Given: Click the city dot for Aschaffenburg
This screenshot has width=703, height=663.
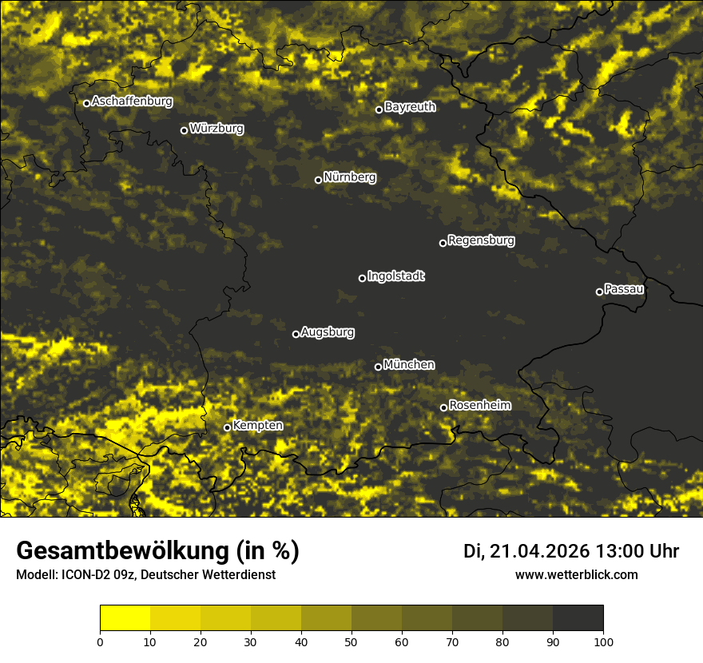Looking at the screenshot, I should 86,103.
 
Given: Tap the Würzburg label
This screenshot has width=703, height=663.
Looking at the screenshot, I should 216,129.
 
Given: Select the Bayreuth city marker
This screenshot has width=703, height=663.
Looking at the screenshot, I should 379,109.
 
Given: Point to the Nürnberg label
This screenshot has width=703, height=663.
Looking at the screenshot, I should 350,177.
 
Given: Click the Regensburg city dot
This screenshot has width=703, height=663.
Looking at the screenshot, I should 443,243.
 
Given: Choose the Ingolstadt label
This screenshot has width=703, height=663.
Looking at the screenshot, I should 396,276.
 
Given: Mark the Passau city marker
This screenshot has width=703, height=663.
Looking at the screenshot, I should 599,292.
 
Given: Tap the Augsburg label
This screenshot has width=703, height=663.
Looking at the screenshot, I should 328,332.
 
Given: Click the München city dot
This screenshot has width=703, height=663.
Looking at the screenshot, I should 378,367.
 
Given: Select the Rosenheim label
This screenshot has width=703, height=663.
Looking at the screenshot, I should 479,406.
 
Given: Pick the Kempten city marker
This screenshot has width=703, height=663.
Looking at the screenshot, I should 227,427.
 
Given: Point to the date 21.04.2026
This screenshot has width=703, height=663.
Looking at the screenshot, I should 540,551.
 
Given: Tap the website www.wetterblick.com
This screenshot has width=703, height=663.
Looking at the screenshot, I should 576,574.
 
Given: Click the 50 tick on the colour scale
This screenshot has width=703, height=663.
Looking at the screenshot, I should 351,641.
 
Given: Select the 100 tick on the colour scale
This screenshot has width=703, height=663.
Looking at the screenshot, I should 603,641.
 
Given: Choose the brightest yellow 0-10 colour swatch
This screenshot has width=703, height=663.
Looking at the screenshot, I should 125,618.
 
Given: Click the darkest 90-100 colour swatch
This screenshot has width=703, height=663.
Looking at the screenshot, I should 578,618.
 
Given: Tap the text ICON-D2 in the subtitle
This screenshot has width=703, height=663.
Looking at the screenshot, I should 79,575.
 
